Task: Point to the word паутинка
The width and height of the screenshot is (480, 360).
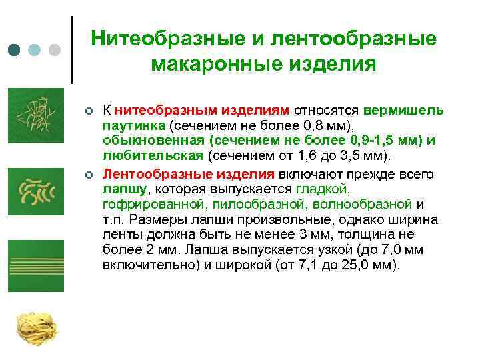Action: (133, 125)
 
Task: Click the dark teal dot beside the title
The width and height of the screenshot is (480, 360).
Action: (14, 50)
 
